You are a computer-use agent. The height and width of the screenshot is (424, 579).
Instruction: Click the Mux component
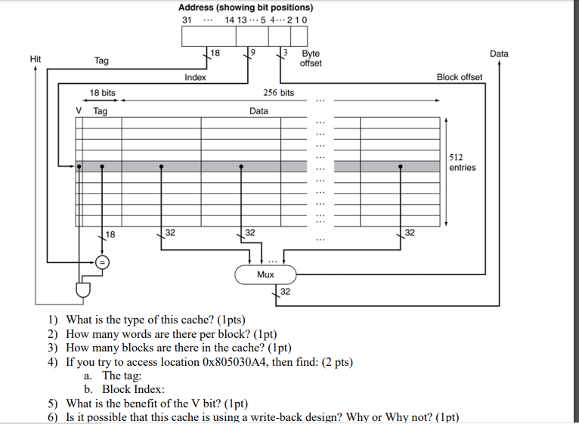(265, 274)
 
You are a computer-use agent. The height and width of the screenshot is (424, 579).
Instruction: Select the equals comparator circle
(102, 262)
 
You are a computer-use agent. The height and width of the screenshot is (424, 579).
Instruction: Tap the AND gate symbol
(83, 290)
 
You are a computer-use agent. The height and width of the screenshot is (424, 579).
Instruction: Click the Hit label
(36, 59)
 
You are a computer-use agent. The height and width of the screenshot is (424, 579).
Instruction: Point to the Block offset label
(460, 77)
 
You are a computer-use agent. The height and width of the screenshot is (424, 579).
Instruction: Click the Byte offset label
(311, 58)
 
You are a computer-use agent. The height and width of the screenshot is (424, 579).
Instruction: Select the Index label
(195, 77)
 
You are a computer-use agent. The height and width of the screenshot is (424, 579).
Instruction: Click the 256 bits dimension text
(279, 93)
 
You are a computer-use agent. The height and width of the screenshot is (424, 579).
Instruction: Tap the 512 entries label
(463, 162)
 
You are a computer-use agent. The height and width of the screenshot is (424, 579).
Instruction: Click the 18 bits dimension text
(102, 93)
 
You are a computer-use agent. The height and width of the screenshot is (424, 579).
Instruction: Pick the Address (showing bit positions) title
(246, 8)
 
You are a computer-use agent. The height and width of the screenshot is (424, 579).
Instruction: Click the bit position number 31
(187, 20)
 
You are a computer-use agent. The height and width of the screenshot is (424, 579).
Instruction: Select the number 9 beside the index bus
(252, 52)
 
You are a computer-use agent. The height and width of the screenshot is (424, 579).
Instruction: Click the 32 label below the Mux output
(285, 292)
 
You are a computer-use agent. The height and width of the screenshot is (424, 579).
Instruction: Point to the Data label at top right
(499, 54)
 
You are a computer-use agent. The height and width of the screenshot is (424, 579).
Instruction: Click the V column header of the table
(79, 111)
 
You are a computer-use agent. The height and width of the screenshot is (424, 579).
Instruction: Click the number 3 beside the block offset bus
(285, 52)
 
